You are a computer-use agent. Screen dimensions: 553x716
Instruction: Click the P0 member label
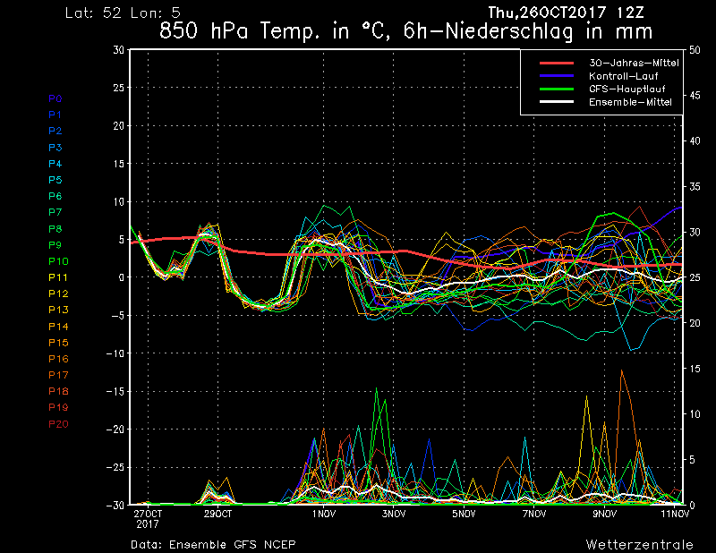[x=55, y=98]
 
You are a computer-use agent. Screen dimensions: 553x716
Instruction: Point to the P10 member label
[x=58, y=261]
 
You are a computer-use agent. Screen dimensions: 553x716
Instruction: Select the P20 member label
[x=58, y=423]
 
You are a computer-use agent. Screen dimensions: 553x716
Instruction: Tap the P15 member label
[x=58, y=343]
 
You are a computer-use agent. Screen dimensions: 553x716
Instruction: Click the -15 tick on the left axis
[x=116, y=391]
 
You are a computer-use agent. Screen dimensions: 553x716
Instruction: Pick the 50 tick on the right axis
[x=694, y=50]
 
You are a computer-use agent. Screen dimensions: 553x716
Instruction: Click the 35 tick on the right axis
[x=694, y=187]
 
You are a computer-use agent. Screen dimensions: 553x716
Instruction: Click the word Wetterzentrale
[x=639, y=543]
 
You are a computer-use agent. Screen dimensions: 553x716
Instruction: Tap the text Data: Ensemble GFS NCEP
[x=213, y=543]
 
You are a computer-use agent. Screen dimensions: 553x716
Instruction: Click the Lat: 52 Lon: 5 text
[x=117, y=13]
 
